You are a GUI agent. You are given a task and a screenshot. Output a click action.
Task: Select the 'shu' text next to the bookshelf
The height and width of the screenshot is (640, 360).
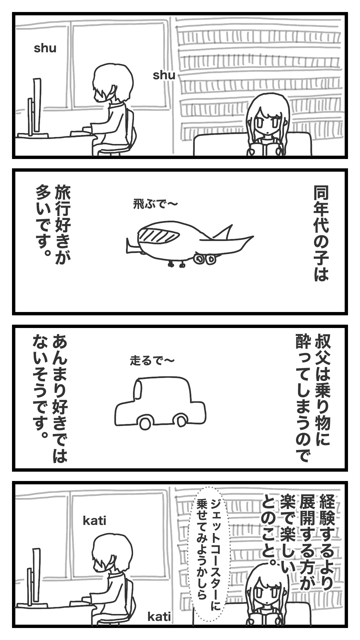click(x=164, y=75)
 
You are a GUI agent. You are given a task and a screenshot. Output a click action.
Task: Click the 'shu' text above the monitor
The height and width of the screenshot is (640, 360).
click(x=45, y=49)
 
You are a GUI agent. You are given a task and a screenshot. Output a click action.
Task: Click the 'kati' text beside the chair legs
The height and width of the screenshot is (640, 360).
click(x=159, y=617)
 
